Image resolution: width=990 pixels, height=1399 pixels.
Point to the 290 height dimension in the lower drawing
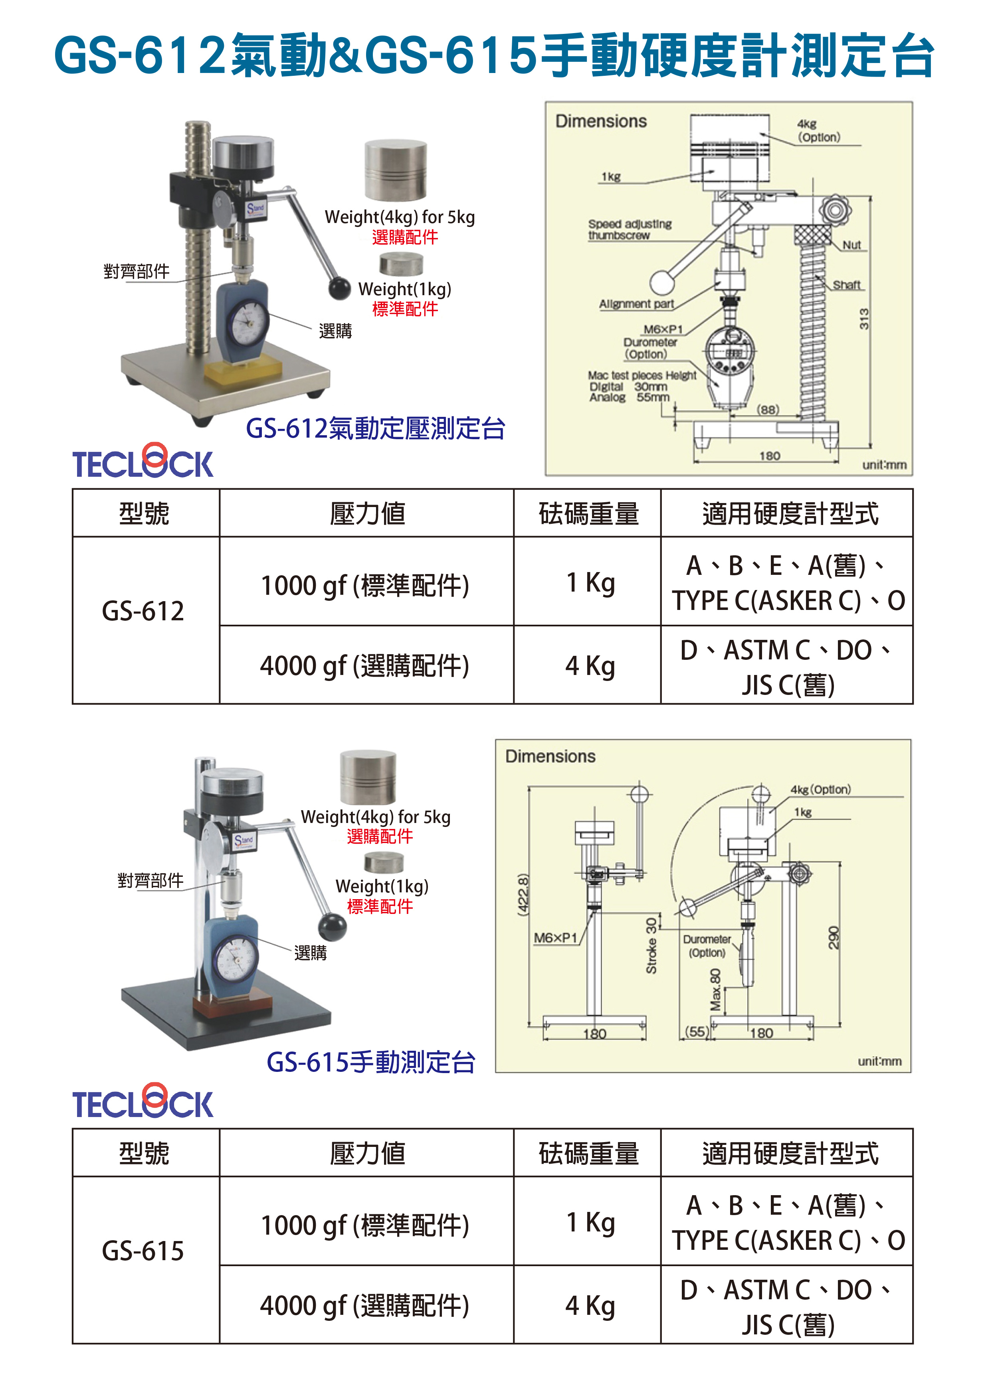click(834, 937)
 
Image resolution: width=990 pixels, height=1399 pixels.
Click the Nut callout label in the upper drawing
click(851, 245)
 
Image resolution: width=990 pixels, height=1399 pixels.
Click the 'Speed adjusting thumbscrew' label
click(630, 230)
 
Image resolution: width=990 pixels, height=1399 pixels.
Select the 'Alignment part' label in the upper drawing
click(636, 304)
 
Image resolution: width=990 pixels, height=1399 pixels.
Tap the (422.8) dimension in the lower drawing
click(523, 894)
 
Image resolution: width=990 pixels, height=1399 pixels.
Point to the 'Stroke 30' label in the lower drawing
click(651, 946)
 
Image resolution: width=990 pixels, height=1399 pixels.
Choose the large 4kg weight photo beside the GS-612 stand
click(396, 170)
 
